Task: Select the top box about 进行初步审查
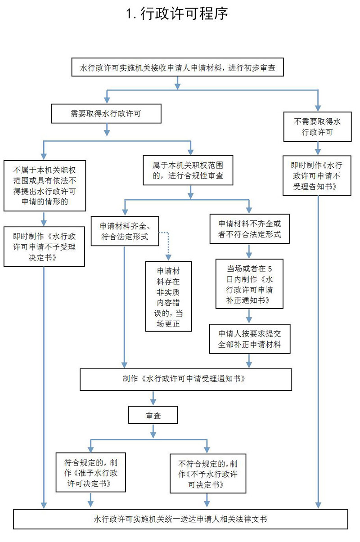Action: (x=178, y=68)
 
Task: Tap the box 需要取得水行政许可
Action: (x=106, y=114)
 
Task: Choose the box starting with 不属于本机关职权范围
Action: (x=44, y=186)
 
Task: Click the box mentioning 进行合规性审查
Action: (x=188, y=170)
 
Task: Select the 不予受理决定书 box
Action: (x=44, y=246)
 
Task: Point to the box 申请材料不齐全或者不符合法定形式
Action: (x=249, y=228)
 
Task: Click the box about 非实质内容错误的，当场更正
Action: (x=167, y=297)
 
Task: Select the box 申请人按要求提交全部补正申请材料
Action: (x=249, y=340)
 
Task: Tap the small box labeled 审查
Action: (x=153, y=416)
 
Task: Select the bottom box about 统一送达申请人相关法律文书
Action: (x=180, y=519)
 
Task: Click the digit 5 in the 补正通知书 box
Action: (x=270, y=269)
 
